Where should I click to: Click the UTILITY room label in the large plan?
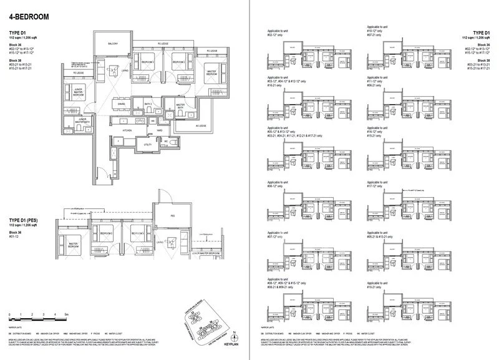tap(148, 144)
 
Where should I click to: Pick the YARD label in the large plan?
tap(160, 130)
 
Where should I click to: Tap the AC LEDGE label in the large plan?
tap(200, 125)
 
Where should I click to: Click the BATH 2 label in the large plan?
tap(148, 103)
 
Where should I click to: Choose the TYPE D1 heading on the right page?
tap(481, 32)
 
